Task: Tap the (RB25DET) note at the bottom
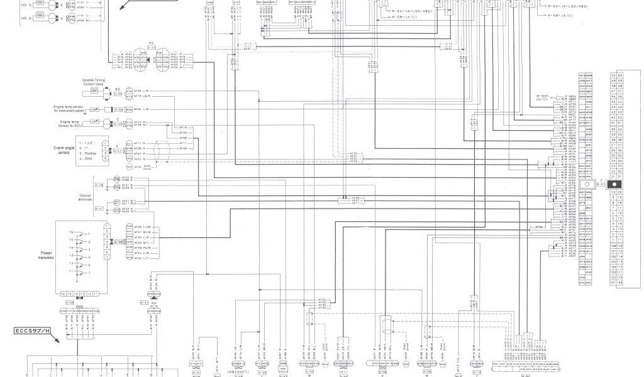[240, 370]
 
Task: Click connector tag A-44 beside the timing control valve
[118, 94]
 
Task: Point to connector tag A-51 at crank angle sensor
[118, 151]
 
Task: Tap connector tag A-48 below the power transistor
[69, 302]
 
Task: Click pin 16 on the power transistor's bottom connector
[63, 293]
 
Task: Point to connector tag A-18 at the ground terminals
[99, 185]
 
